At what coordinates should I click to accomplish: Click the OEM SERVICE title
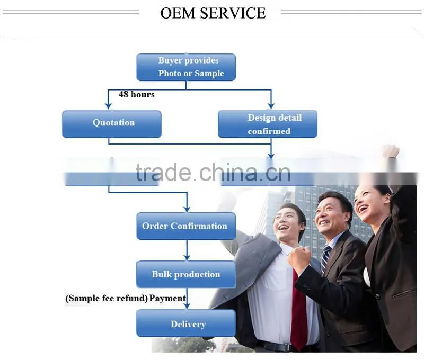213,13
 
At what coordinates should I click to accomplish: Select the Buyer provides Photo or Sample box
186,67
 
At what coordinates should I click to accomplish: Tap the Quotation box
112,124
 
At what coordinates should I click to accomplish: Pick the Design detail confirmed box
268,124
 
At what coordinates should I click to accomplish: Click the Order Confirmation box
186,226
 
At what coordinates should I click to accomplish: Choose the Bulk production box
186,274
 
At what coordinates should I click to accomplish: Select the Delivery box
186,323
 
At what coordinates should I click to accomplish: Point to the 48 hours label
137,94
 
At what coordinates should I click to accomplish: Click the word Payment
167,298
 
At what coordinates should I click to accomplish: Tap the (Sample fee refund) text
107,299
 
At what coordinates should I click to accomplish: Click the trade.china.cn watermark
213,173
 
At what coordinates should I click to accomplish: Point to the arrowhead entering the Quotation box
109,106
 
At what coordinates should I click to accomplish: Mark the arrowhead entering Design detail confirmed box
271,106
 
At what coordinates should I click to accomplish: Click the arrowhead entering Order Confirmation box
187,209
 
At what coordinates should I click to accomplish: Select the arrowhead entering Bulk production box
187,257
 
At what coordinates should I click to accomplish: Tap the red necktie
299,308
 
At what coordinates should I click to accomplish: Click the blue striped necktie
326,258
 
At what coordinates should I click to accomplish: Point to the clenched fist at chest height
299,260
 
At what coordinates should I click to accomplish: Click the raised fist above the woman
391,151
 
